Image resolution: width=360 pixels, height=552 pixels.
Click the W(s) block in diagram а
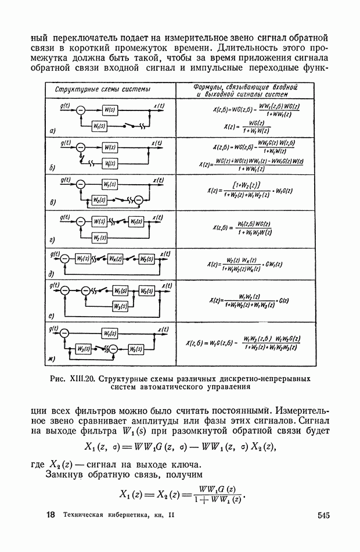110,110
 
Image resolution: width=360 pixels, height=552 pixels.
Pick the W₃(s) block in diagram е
121,305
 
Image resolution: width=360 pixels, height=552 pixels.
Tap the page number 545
323,515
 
